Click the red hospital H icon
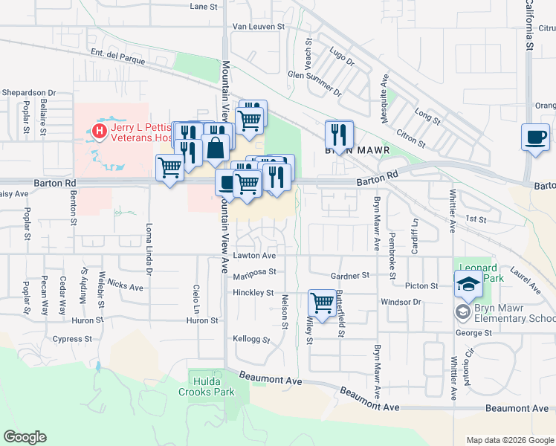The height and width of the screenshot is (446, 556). point(100,132)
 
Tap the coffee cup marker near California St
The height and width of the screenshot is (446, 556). point(535,137)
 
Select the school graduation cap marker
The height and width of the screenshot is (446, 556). point(468,284)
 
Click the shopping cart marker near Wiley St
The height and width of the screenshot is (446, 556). point(322,303)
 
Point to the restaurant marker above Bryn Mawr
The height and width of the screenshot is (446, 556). point(340,135)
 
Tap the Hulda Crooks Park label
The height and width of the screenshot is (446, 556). point(207,387)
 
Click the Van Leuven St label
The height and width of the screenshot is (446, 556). point(259,26)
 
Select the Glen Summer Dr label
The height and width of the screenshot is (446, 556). point(314,83)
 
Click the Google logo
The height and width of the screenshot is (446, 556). point(25,437)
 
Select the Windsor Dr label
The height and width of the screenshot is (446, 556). point(401,302)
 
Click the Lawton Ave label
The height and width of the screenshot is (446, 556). point(254,255)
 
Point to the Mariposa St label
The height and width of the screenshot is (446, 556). point(256,272)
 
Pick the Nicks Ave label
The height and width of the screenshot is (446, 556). point(125,286)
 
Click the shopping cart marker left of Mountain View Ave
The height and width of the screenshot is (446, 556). point(170,168)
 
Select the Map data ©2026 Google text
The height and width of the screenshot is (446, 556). point(509,440)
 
